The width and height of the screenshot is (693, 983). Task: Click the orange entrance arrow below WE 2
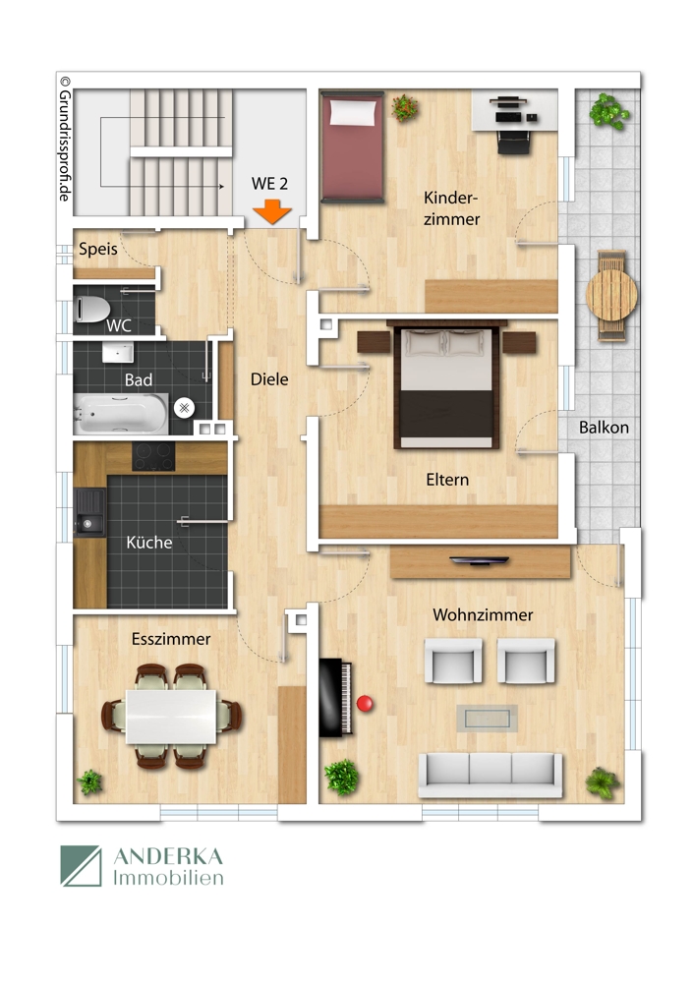[272, 209]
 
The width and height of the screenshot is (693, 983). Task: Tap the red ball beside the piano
[366, 704]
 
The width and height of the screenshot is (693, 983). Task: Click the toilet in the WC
[92, 310]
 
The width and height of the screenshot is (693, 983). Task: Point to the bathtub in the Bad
[120, 414]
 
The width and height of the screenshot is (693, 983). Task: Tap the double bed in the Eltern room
[443, 384]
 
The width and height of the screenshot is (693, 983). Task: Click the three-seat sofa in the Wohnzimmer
[490, 773]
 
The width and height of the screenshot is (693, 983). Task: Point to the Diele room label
[269, 377]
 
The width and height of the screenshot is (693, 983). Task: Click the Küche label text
[149, 542]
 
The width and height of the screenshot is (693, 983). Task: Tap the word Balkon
[604, 428]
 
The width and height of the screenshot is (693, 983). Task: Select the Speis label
[98, 250]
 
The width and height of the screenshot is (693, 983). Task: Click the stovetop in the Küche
[153, 456]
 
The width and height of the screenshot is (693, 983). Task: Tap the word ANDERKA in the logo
[169, 856]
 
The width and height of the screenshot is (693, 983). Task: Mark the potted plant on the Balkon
[608, 110]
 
